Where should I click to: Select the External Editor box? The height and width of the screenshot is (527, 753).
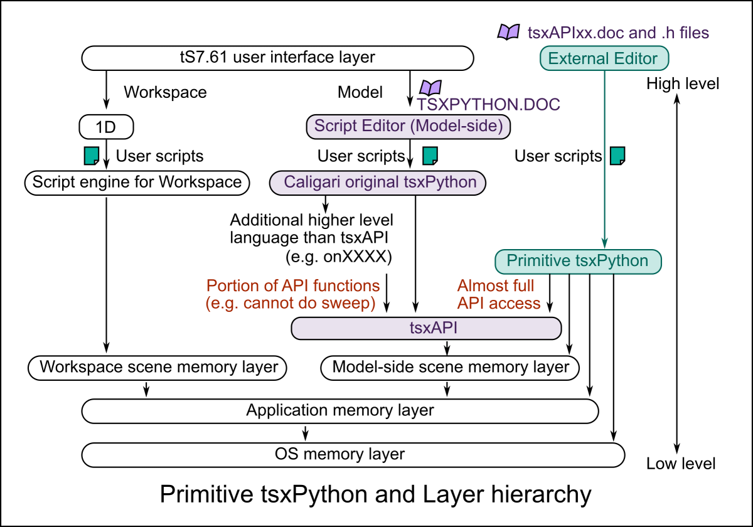click(x=602, y=59)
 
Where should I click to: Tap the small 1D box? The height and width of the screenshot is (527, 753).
click(x=107, y=127)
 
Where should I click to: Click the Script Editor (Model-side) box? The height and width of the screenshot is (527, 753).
click(x=409, y=126)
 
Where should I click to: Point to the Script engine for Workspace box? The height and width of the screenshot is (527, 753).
click(x=137, y=183)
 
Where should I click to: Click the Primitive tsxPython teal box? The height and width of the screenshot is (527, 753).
click(x=577, y=261)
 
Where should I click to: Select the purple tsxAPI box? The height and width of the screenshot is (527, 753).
click(x=426, y=328)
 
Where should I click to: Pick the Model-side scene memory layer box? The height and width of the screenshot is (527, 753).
click(x=450, y=368)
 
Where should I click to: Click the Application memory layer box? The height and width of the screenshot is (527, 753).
click(x=340, y=411)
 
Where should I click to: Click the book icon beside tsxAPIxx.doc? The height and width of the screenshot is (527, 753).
click(x=508, y=31)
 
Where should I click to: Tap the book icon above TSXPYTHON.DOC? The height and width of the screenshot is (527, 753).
click(x=430, y=87)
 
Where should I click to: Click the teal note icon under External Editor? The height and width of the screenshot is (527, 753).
click(x=618, y=155)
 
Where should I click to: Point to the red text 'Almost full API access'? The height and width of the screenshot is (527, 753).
click(x=498, y=295)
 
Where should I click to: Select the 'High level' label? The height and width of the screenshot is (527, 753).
click(x=683, y=83)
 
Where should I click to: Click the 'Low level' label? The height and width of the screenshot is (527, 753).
click(x=681, y=464)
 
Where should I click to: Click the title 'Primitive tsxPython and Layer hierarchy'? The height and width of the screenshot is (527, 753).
click(x=375, y=494)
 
